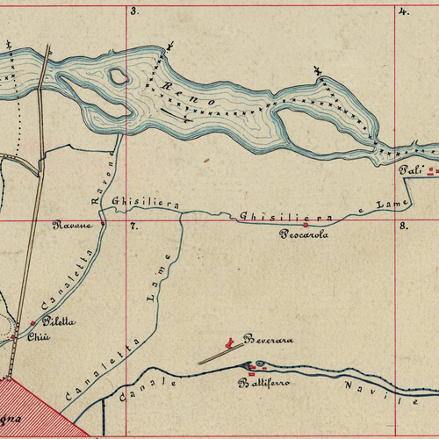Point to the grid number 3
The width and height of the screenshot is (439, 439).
[134, 11]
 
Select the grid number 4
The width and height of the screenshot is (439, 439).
[404, 11]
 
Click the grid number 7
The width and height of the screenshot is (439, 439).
[133, 227]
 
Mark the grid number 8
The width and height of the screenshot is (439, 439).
[403, 227]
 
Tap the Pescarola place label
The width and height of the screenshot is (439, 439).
[303, 234]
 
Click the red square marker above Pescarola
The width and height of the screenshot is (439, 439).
[305, 225]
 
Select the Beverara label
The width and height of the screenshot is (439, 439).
[268, 339]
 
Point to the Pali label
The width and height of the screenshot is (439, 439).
[410, 169]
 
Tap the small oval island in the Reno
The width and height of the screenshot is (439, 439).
[118, 76]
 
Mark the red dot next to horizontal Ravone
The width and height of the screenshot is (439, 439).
[102, 224]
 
